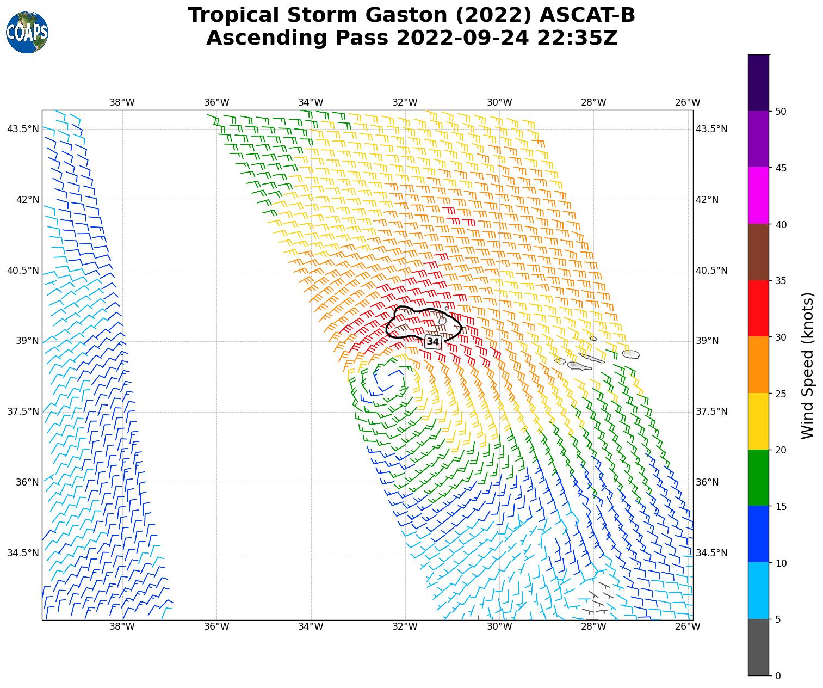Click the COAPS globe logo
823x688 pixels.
[27, 32]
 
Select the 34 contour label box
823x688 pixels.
[433, 342]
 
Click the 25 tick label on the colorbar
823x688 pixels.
[781, 394]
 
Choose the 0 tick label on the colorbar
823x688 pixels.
[778, 676]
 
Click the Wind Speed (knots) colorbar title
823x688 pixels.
[808, 365]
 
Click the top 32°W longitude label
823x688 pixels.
[405, 102]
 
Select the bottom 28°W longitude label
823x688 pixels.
[593, 626]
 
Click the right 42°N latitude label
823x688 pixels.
[707, 200]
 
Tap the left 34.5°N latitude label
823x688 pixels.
[23, 553]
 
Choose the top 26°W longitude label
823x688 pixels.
[688, 102]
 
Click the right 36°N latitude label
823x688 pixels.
[707, 482]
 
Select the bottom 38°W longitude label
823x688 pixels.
[122, 626]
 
